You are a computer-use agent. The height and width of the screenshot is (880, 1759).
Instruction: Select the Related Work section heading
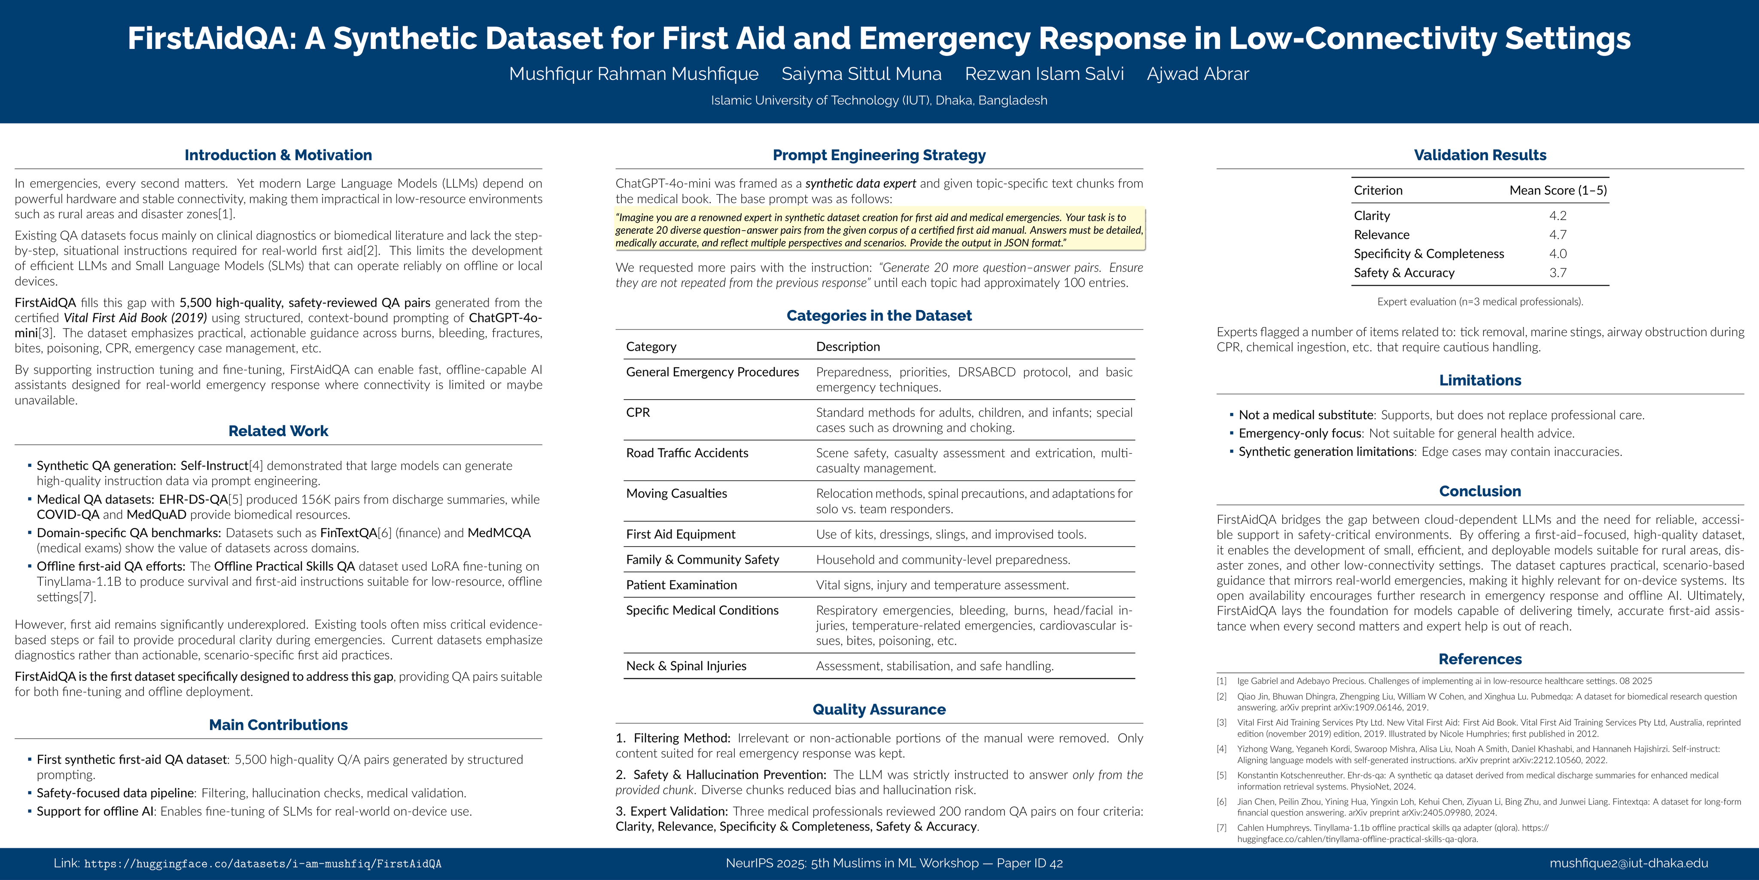(278, 431)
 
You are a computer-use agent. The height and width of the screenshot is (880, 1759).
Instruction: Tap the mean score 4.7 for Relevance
(1558, 234)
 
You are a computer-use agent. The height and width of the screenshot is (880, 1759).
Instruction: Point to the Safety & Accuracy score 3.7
(1558, 272)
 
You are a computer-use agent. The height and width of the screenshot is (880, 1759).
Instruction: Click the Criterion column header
(1378, 191)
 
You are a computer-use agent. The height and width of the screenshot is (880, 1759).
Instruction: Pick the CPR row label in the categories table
(638, 412)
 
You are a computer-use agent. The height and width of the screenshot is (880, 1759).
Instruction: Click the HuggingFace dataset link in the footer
(262, 864)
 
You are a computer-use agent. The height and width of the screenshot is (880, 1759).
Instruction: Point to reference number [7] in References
(1222, 828)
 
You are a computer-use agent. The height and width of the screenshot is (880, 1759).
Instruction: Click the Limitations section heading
(1480, 381)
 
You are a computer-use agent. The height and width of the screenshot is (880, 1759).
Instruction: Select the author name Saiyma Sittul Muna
(861, 74)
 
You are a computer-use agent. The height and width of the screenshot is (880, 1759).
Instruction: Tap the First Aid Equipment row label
(681, 534)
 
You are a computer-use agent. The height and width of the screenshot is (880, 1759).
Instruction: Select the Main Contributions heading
(278, 725)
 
